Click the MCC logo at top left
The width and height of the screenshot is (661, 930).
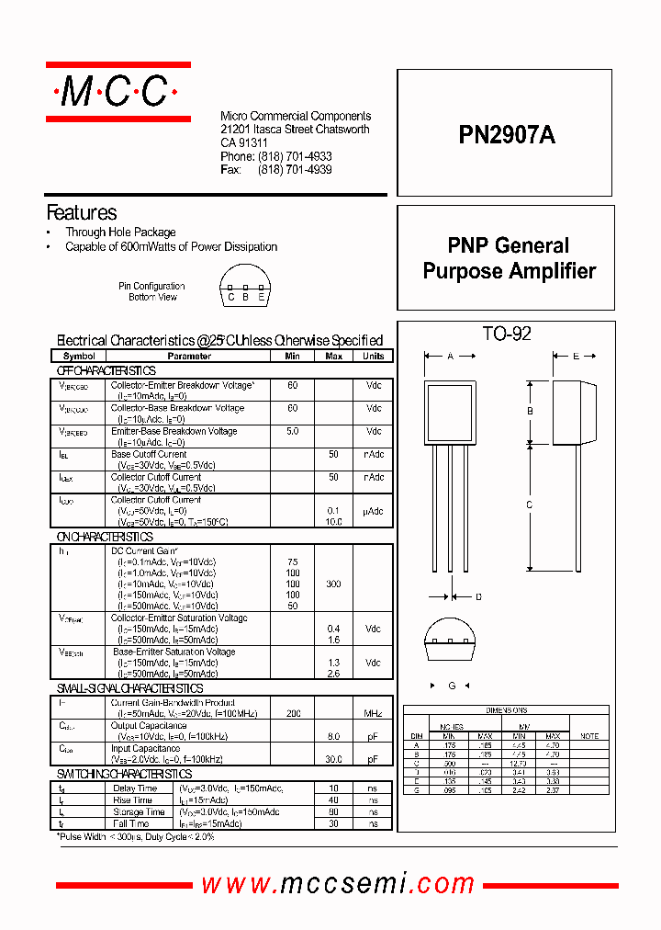point(118,91)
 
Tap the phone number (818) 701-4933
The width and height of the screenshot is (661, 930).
point(295,157)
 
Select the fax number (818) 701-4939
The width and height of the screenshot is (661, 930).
point(295,170)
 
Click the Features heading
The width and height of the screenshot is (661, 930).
point(82,212)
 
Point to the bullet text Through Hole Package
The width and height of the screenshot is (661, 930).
point(120,232)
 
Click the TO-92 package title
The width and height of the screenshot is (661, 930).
point(507,334)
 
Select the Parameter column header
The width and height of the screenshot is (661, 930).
point(189,356)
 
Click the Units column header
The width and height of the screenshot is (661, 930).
point(374,356)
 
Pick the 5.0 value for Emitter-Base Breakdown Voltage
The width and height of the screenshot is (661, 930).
point(293,431)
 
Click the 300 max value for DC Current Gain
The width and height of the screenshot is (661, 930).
point(334,584)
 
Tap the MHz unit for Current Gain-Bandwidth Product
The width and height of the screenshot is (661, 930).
point(374,713)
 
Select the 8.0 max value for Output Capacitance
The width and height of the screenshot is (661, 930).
point(334,736)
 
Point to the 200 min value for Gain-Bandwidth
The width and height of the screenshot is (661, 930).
point(293,713)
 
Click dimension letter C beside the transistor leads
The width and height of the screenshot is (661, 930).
point(530,505)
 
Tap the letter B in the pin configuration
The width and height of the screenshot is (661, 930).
point(246,297)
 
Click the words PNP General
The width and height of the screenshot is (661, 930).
point(509,245)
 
